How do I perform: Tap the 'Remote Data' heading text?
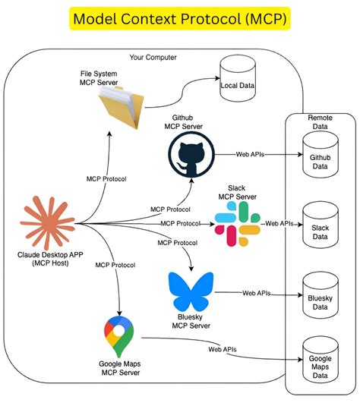click(x=319, y=123)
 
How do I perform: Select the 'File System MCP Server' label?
click(x=99, y=77)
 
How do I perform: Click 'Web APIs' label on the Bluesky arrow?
click(x=257, y=292)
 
